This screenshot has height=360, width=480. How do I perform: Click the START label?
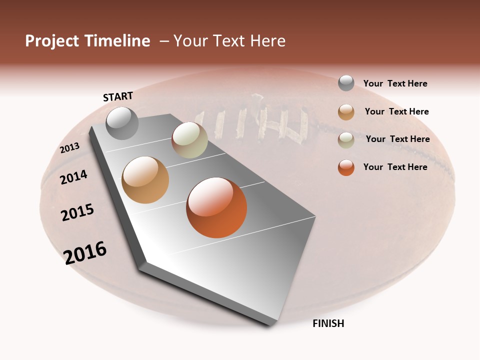click(118, 96)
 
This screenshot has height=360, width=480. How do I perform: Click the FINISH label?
click(328, 323)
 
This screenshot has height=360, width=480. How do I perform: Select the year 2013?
click(69, 148)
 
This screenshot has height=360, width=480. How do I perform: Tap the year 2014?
click(74, 177)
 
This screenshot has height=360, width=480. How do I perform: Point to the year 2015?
click(77, 212)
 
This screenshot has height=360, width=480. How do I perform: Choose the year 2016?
click(85, 253)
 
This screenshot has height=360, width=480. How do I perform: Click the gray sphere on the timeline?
click(122, 123)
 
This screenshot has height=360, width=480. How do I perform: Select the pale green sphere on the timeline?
click(189, 140)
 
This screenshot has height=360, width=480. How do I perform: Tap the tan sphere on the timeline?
click(145, 180)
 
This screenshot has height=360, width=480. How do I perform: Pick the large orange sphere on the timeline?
click(216, 207)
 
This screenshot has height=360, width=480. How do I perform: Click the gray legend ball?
click(346, 83)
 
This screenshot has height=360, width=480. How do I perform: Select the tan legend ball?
click(346, 111)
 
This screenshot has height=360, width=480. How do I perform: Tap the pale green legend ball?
click(346, 139)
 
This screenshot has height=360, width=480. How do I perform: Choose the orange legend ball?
click(346, 167)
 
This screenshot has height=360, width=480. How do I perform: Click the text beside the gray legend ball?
click(395, 83)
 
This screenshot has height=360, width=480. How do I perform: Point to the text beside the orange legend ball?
click(395, 167)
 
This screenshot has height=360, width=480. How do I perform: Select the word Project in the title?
click(52, 41)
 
